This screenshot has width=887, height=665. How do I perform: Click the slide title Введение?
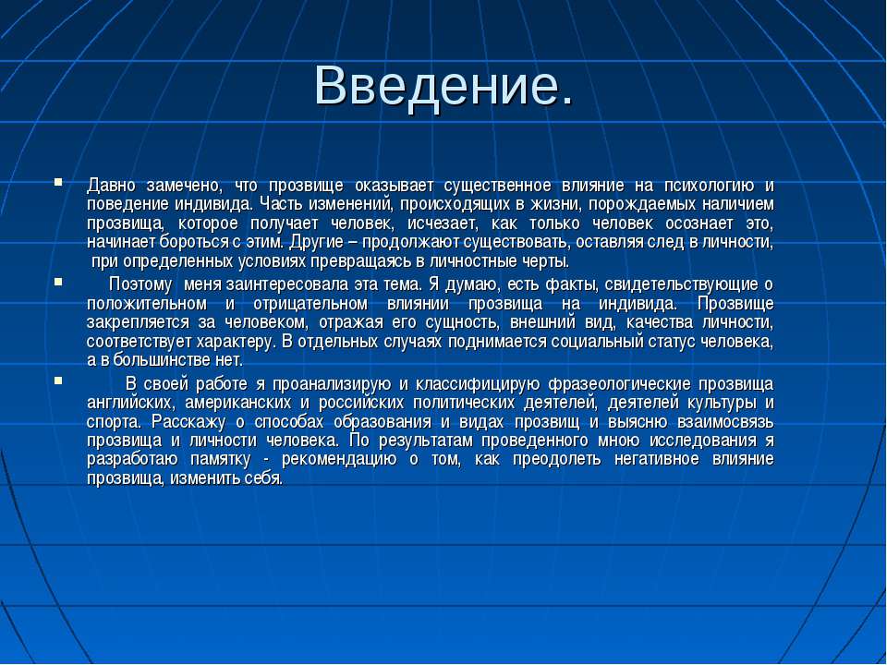444,85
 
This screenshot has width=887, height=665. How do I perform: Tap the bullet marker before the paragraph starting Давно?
58,182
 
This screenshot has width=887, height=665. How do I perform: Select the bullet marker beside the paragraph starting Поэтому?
58,281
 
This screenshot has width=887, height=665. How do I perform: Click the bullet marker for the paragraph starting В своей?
58,381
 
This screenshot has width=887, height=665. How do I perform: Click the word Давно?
112,186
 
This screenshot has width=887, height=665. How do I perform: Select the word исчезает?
443,224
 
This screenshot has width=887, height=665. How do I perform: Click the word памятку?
221,460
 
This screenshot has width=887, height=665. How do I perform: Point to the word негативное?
657,459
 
